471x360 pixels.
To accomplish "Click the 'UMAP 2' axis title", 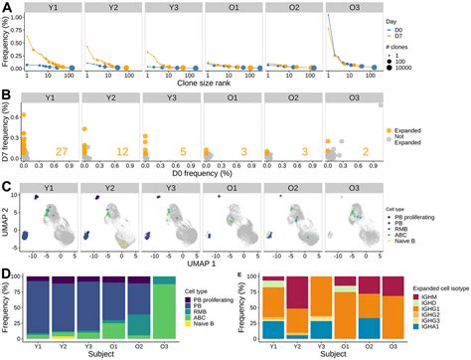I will [x=8, y=220].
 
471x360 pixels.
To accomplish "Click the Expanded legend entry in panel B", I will [x=426, y=131].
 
